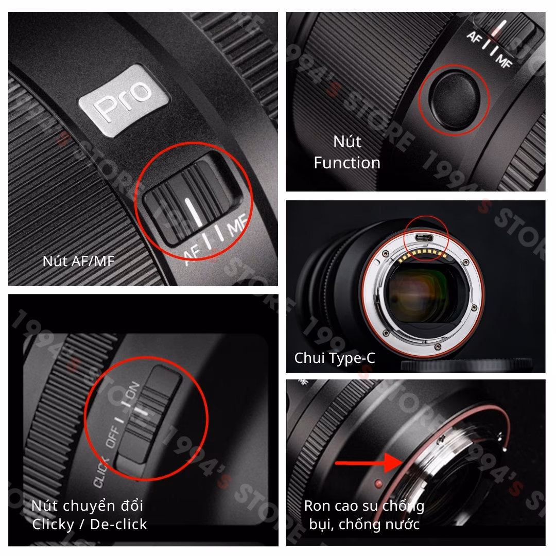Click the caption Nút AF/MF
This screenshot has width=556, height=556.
click(x=78, y=261)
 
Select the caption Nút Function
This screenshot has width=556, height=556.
click(x=347, y=152)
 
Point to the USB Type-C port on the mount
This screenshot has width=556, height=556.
click(x=426, y=238)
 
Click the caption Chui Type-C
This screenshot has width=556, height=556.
click(x=335, y=358)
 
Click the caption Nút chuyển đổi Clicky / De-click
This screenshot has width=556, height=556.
click(x=89, y=515)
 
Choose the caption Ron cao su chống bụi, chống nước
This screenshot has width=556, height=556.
click(x=364, y=515)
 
